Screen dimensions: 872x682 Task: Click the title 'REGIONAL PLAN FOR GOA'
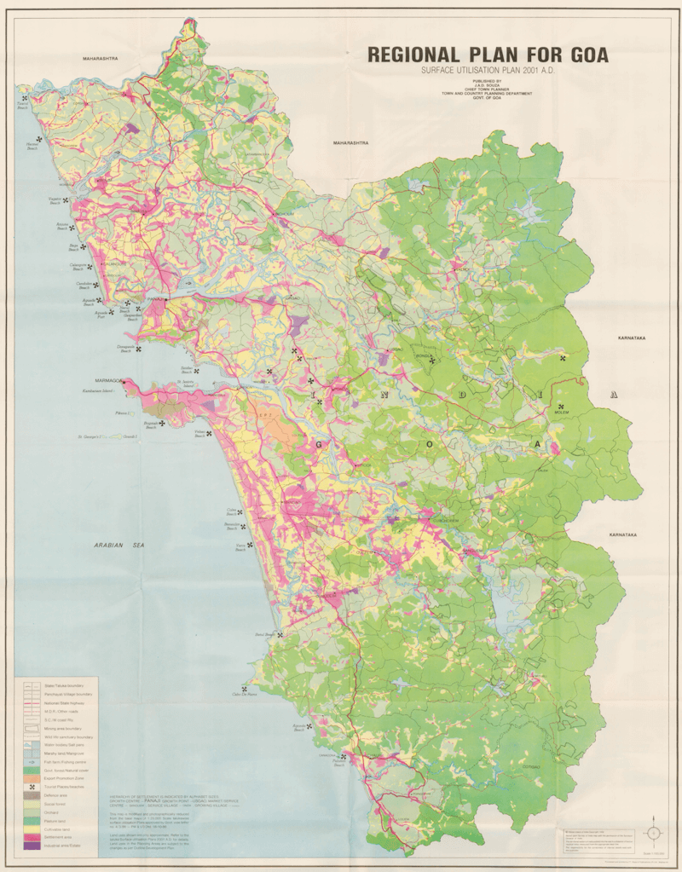click(488, 55)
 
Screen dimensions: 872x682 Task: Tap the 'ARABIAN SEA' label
click(124, 543)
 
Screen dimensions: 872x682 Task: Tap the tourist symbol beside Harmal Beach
click(39, 140)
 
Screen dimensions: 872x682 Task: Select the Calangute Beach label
click(82, 266)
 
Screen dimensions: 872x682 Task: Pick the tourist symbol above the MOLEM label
click(560, 406)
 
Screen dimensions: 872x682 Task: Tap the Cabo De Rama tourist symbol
click(245, 690)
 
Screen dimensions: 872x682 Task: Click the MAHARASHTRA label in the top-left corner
click(99, 58)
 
